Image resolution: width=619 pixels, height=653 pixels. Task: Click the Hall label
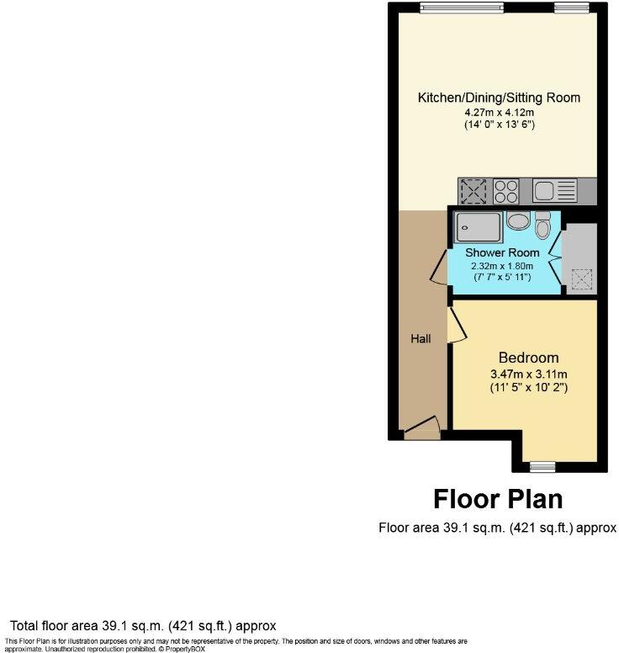coord(421,338)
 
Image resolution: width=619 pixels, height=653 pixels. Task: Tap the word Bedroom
coord(528,358)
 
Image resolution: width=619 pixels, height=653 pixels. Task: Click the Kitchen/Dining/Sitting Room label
coord(499,98)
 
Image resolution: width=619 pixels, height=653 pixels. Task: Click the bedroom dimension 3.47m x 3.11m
coord(528,374)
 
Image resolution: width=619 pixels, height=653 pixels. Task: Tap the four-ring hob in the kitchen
coord(506,191)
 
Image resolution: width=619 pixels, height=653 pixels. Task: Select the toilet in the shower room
coord(542,226)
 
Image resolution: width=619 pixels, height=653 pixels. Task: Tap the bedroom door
coord(458,326)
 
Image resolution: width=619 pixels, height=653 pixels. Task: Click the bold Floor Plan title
coord(498,499)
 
